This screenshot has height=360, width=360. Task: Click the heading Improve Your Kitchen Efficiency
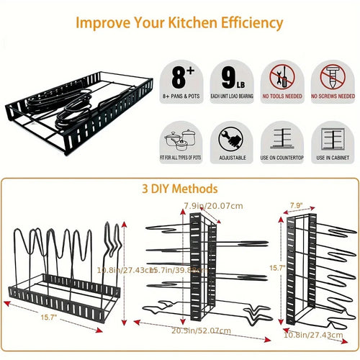180,23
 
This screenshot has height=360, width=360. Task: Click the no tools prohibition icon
282,76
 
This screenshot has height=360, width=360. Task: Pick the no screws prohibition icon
332,76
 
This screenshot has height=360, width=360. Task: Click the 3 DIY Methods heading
180,189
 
